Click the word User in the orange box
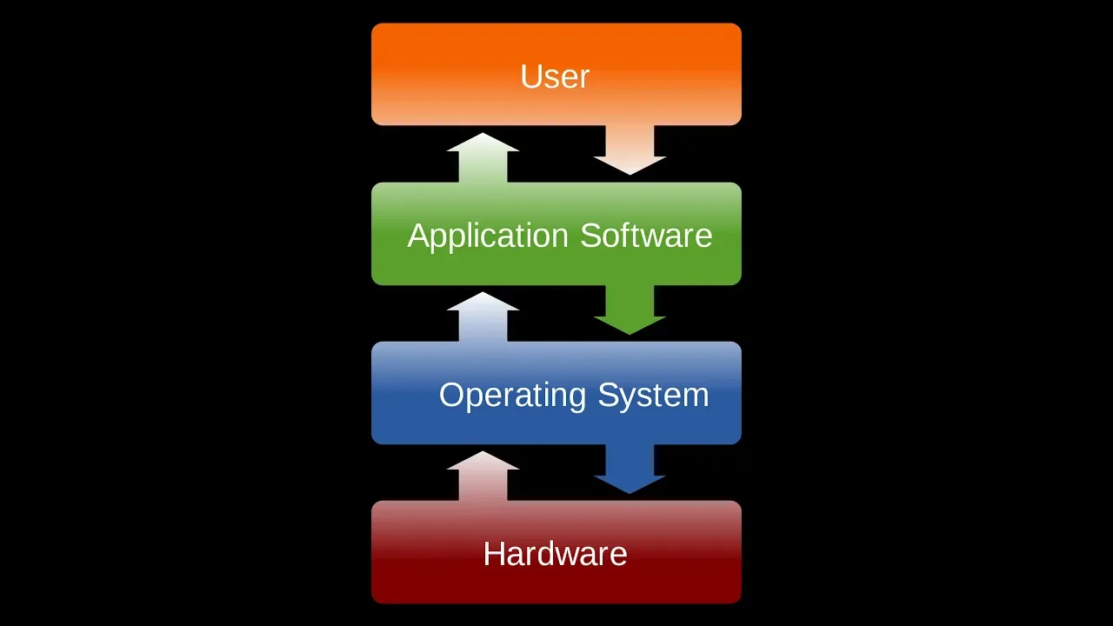coord(555,77)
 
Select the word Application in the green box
coord(488,236)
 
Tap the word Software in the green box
coord(646,235)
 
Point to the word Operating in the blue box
coord(512,396)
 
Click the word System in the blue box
coord(653,396)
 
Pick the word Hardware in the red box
coord(555,554)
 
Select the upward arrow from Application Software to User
coord(483,157)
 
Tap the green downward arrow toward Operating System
coord(630,310)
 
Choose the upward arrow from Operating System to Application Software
coord(483,317)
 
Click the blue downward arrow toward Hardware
coord(630,469)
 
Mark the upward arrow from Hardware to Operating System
coord(483,476)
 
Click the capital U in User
coord(530,77)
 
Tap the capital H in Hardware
coord(493,554)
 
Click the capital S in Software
coord(590,235)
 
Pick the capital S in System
coord(608,395)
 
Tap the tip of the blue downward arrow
coord(630,494)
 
